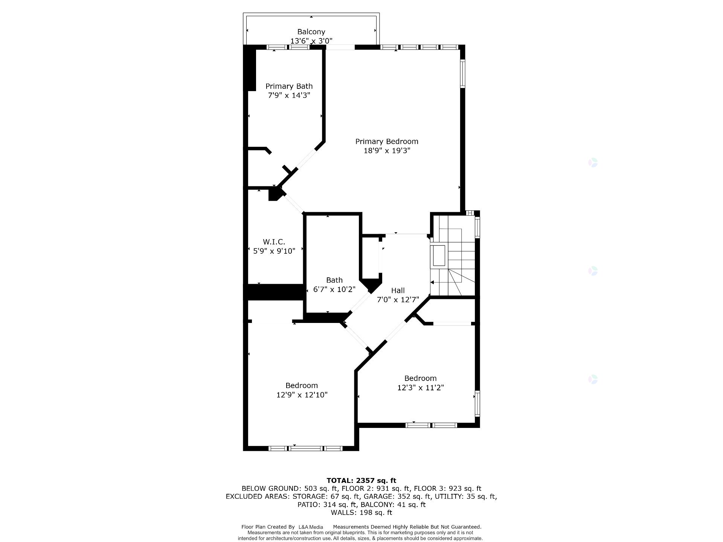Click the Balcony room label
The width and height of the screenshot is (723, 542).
(311, 32)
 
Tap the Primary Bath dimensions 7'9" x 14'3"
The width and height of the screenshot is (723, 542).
(289, 96)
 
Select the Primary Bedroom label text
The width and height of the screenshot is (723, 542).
(387, 142)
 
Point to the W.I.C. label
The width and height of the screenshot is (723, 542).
(274, 242)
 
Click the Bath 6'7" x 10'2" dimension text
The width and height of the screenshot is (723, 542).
(334, 289)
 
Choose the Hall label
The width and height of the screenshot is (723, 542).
(398, 291)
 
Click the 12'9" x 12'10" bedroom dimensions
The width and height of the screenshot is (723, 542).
(302, 395)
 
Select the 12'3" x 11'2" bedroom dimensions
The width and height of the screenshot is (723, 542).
(420, 388)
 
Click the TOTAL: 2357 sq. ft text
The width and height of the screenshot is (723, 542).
(361, 480)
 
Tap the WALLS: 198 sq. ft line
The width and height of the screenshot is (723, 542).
(361, 513)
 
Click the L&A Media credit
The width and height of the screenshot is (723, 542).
(311, 527)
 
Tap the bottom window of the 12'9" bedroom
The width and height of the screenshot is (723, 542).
(305, 448)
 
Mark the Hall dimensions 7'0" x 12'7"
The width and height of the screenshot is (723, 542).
(398, 300)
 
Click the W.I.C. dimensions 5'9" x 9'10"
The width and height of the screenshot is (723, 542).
(274, 251)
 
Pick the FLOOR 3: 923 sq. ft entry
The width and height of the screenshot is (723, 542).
(447, 489)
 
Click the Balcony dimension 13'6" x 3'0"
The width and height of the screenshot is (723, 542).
(311, 41)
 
